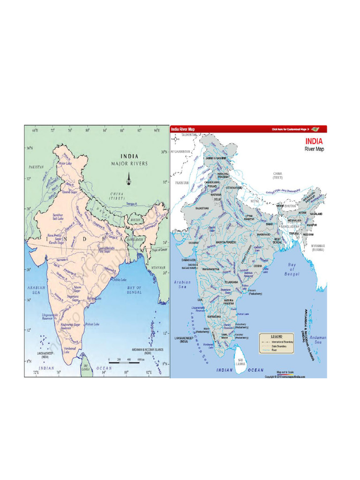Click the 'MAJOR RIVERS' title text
click(x=129, y=164)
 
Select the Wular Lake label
click(x=64, y=163)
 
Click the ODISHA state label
click(x=258, y=266)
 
